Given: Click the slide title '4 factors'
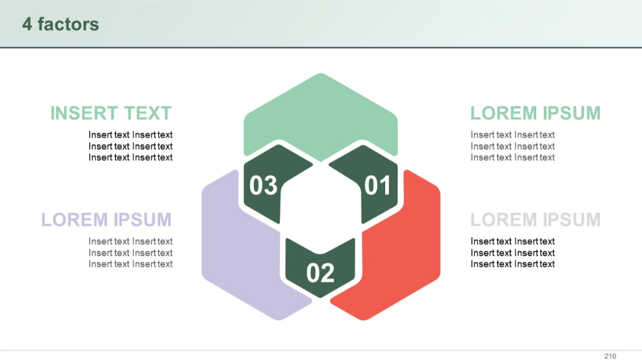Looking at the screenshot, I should pos(61,24).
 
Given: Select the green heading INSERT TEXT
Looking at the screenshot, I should pos(111,113).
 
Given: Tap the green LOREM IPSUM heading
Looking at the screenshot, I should pos(535,113).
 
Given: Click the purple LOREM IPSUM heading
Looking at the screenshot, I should pos(106,220).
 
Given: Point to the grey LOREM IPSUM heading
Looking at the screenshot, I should pos(535,220).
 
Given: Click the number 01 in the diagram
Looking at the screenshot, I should pos(377,186).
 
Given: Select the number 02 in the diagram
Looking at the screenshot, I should pos(320,273).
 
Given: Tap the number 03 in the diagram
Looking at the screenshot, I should pos(263,186).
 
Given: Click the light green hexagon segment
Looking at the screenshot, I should pos(320,113).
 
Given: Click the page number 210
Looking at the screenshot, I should pos(610,356).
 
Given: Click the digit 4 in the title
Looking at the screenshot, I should pos(27,24).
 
